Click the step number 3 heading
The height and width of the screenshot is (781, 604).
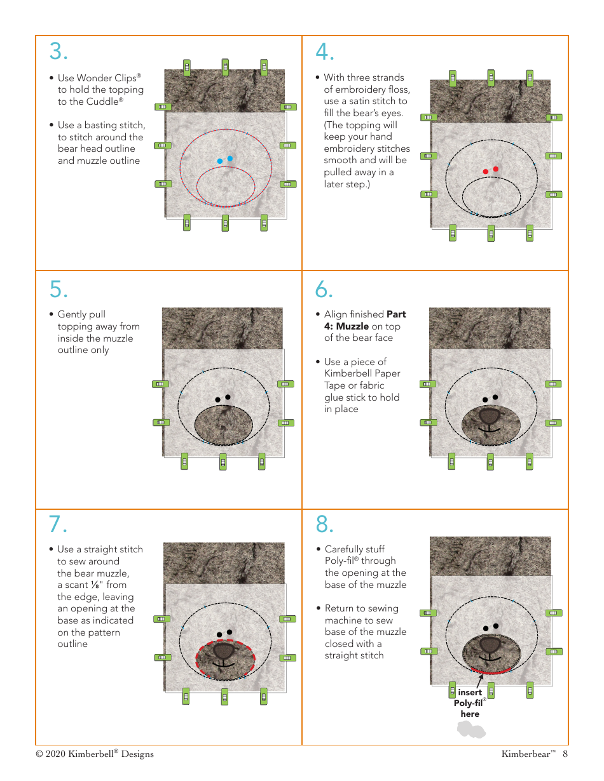tap(58, 51)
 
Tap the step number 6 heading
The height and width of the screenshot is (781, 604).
tap(324, 289)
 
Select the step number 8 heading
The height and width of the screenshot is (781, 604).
tap(324, 524)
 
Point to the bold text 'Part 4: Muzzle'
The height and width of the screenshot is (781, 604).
tap(365, 320)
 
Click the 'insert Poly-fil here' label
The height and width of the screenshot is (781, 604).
tap(470, 703)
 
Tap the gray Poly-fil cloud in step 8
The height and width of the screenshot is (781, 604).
tap(471, 730)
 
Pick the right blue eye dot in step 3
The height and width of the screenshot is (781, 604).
tap(230, 158)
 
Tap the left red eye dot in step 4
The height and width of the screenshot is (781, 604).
tap(485, 171)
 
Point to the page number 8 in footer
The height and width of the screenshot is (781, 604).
tap(565, 754)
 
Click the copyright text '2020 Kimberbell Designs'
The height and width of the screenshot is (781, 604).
tap(99, 754)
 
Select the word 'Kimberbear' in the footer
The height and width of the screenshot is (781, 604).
tap(525, 754)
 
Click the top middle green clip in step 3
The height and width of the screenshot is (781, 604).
tap(225, 66)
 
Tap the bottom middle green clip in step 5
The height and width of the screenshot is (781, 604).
tap(223, 462)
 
